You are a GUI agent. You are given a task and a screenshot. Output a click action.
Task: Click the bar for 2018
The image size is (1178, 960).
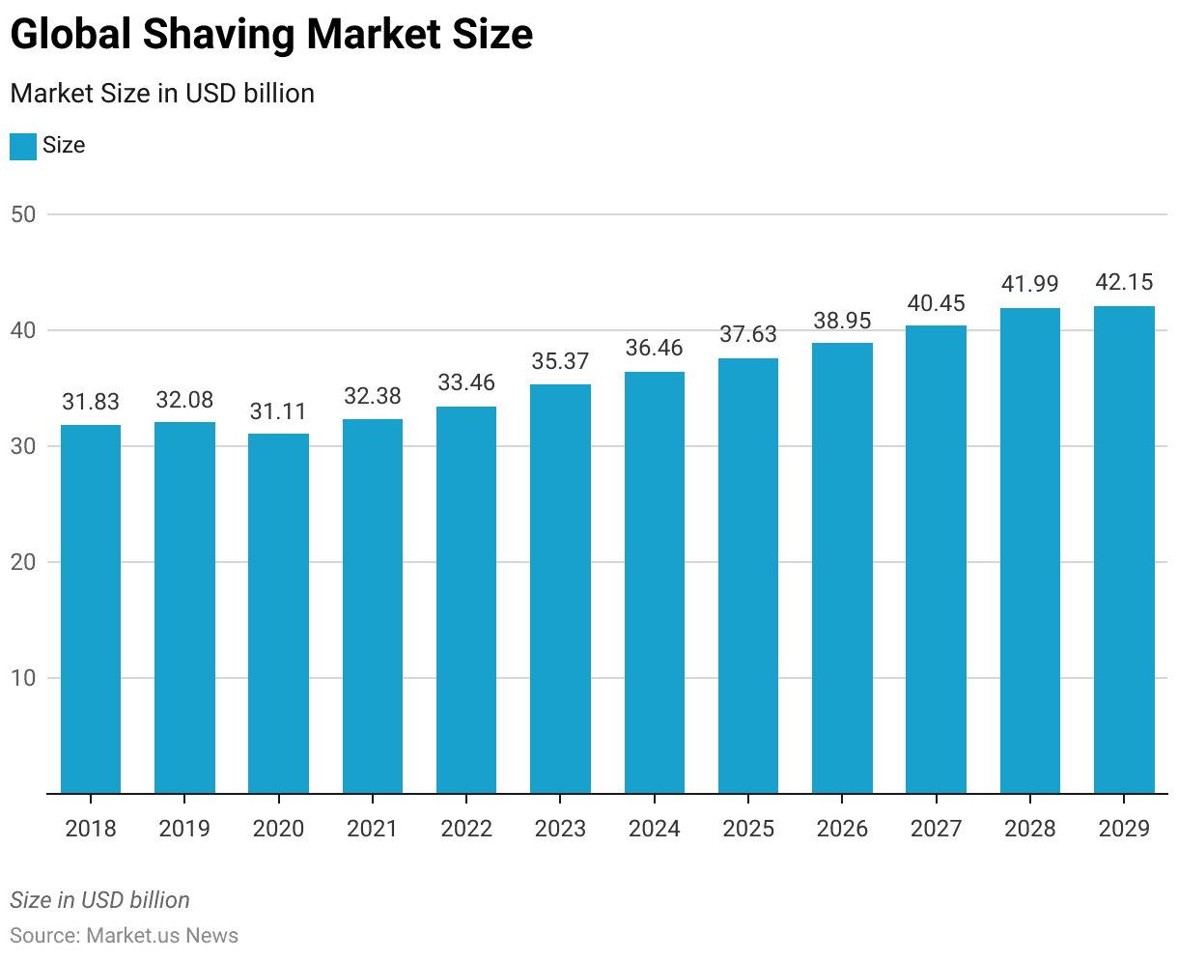tap(91, 608)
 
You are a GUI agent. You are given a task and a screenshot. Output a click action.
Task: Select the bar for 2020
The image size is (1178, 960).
tap(278, 613)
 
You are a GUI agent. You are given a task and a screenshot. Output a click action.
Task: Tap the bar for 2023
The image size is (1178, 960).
tap(560, 589)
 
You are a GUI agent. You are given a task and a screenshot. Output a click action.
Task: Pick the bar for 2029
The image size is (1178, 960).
tap(1124, 551)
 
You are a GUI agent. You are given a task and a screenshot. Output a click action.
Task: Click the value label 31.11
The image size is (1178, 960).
tap(278, 411)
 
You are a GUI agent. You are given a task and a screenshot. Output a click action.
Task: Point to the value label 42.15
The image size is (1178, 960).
tap(1124, 283)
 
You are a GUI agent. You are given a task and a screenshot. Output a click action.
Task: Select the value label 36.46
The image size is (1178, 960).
tap(654, 348)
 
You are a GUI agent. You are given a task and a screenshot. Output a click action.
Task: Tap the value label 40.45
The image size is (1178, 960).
tap(936, 303)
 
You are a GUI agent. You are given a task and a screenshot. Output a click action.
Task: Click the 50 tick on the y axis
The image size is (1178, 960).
tap(23, 214)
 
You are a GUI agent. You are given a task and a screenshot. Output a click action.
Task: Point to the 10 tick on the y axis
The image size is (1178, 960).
tap(23, 678)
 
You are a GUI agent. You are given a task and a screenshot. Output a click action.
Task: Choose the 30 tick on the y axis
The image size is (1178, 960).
tap(23, 446)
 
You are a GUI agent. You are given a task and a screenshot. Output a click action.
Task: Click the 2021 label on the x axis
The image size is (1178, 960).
tap(372, 829)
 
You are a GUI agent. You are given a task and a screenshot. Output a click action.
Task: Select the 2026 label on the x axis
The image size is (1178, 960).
tap(842, 829)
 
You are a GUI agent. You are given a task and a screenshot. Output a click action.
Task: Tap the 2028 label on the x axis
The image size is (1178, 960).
tap(1030, 829)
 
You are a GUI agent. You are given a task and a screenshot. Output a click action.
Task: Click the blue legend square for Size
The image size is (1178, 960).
tap(23, 146)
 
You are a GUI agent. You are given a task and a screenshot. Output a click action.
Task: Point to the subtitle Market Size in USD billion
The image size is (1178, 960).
tap(162, 94)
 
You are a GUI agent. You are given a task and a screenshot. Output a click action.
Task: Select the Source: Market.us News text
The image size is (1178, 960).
tap(125, 935)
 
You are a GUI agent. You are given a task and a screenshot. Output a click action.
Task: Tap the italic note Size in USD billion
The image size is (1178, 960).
tap(100, 900)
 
